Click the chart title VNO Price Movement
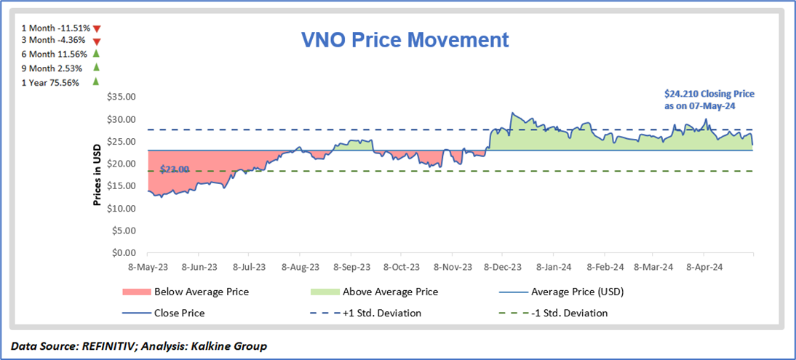tap(405, 39)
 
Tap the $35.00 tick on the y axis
tap(121, 97)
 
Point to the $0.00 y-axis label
tap(123, 253)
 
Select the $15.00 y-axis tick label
tap(121, 186)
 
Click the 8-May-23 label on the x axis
tap(148, 268)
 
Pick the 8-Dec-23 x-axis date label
tap(502, 268)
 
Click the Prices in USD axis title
tap(96, 175)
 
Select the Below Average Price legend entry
tap(201, 292)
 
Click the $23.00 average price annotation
tap(175, 169)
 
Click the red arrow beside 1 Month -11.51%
tap(96, 28)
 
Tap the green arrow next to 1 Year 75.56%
tap(95, 81)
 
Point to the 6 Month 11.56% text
tap(55, 55)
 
